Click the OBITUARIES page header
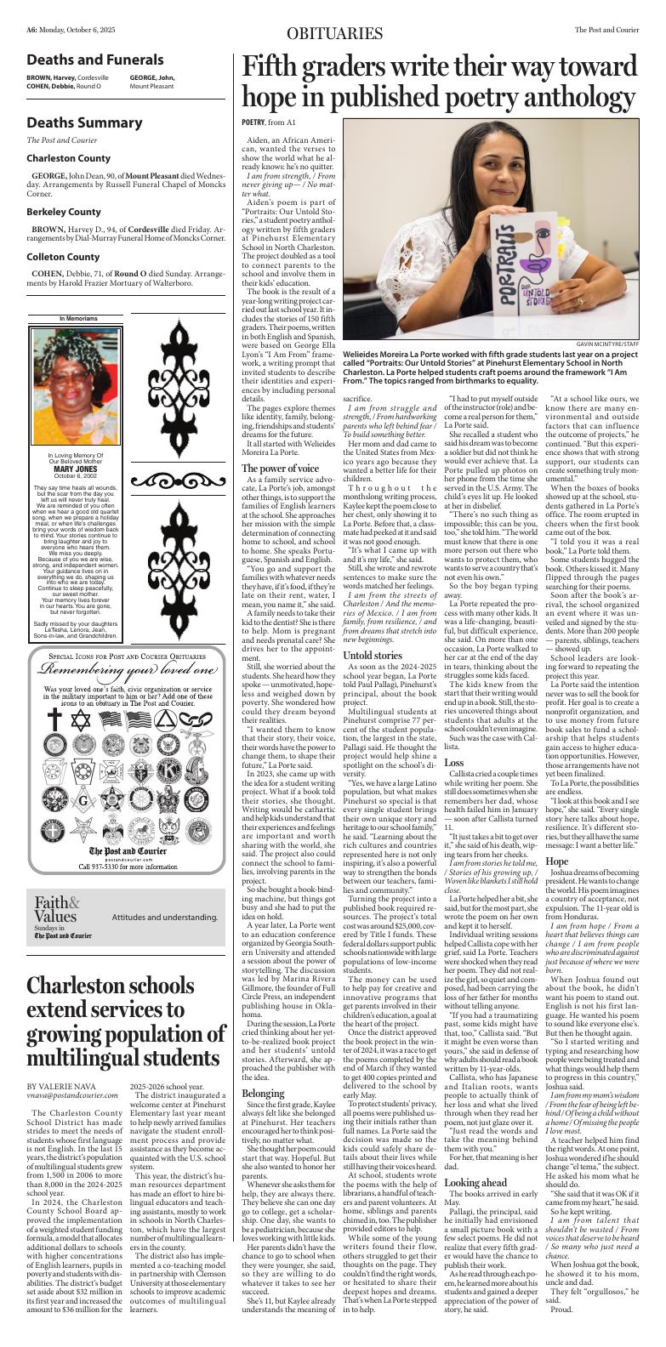pyautogui.click(x=334, y=33)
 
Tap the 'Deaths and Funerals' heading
pyautogui.click(x=94, y=60)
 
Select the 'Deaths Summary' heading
pyautogui.click(x=84, y=122)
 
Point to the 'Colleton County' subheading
pyautogui.click(x=63, y=257)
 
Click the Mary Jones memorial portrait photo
pyautogui.click(x=75, y=386)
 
